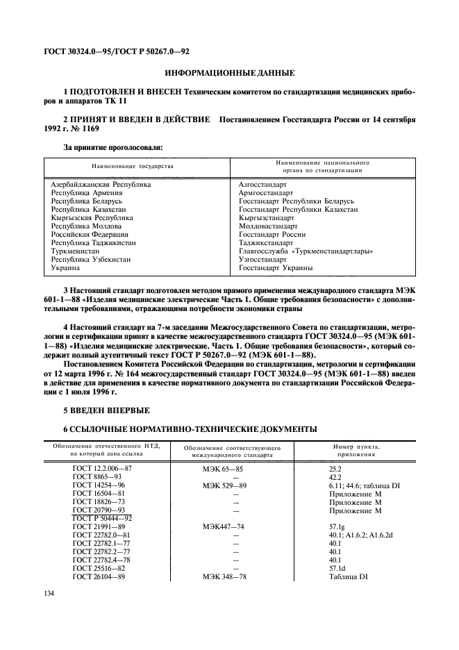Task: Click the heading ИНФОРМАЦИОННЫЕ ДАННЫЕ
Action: pos(229,72)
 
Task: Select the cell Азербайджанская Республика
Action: pos(101,184)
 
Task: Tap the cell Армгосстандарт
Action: pos(267,192)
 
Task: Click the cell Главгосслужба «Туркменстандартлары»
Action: pos(306,251)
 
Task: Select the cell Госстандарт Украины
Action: pos(275,267)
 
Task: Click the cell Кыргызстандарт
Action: pos(266,217)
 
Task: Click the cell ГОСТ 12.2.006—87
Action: pos(102,469)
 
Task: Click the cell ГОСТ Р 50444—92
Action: pos(102,519)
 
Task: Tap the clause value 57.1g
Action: pos(338,528)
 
